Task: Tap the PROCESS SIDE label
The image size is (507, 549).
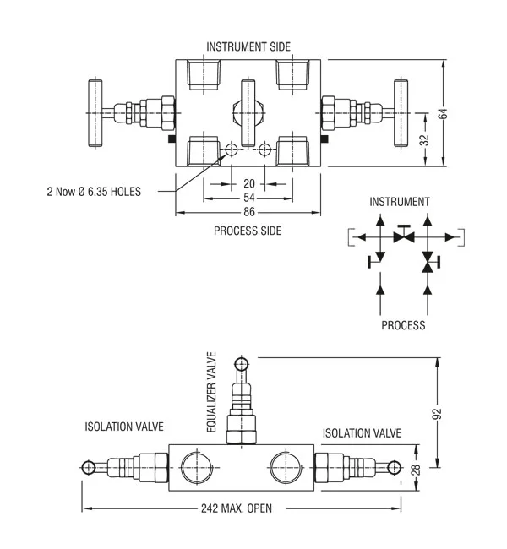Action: point(248,230)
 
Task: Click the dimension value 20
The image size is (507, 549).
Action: point(248,183)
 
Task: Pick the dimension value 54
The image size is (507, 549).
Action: point(248,197)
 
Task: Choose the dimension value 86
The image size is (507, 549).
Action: point(248,212)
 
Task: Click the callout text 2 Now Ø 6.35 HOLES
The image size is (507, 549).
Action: point(94,191)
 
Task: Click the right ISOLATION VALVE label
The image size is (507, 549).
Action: point(362,433)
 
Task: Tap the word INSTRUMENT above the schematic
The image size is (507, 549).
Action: point(401,202)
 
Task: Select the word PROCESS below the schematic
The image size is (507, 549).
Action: point(403,325)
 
